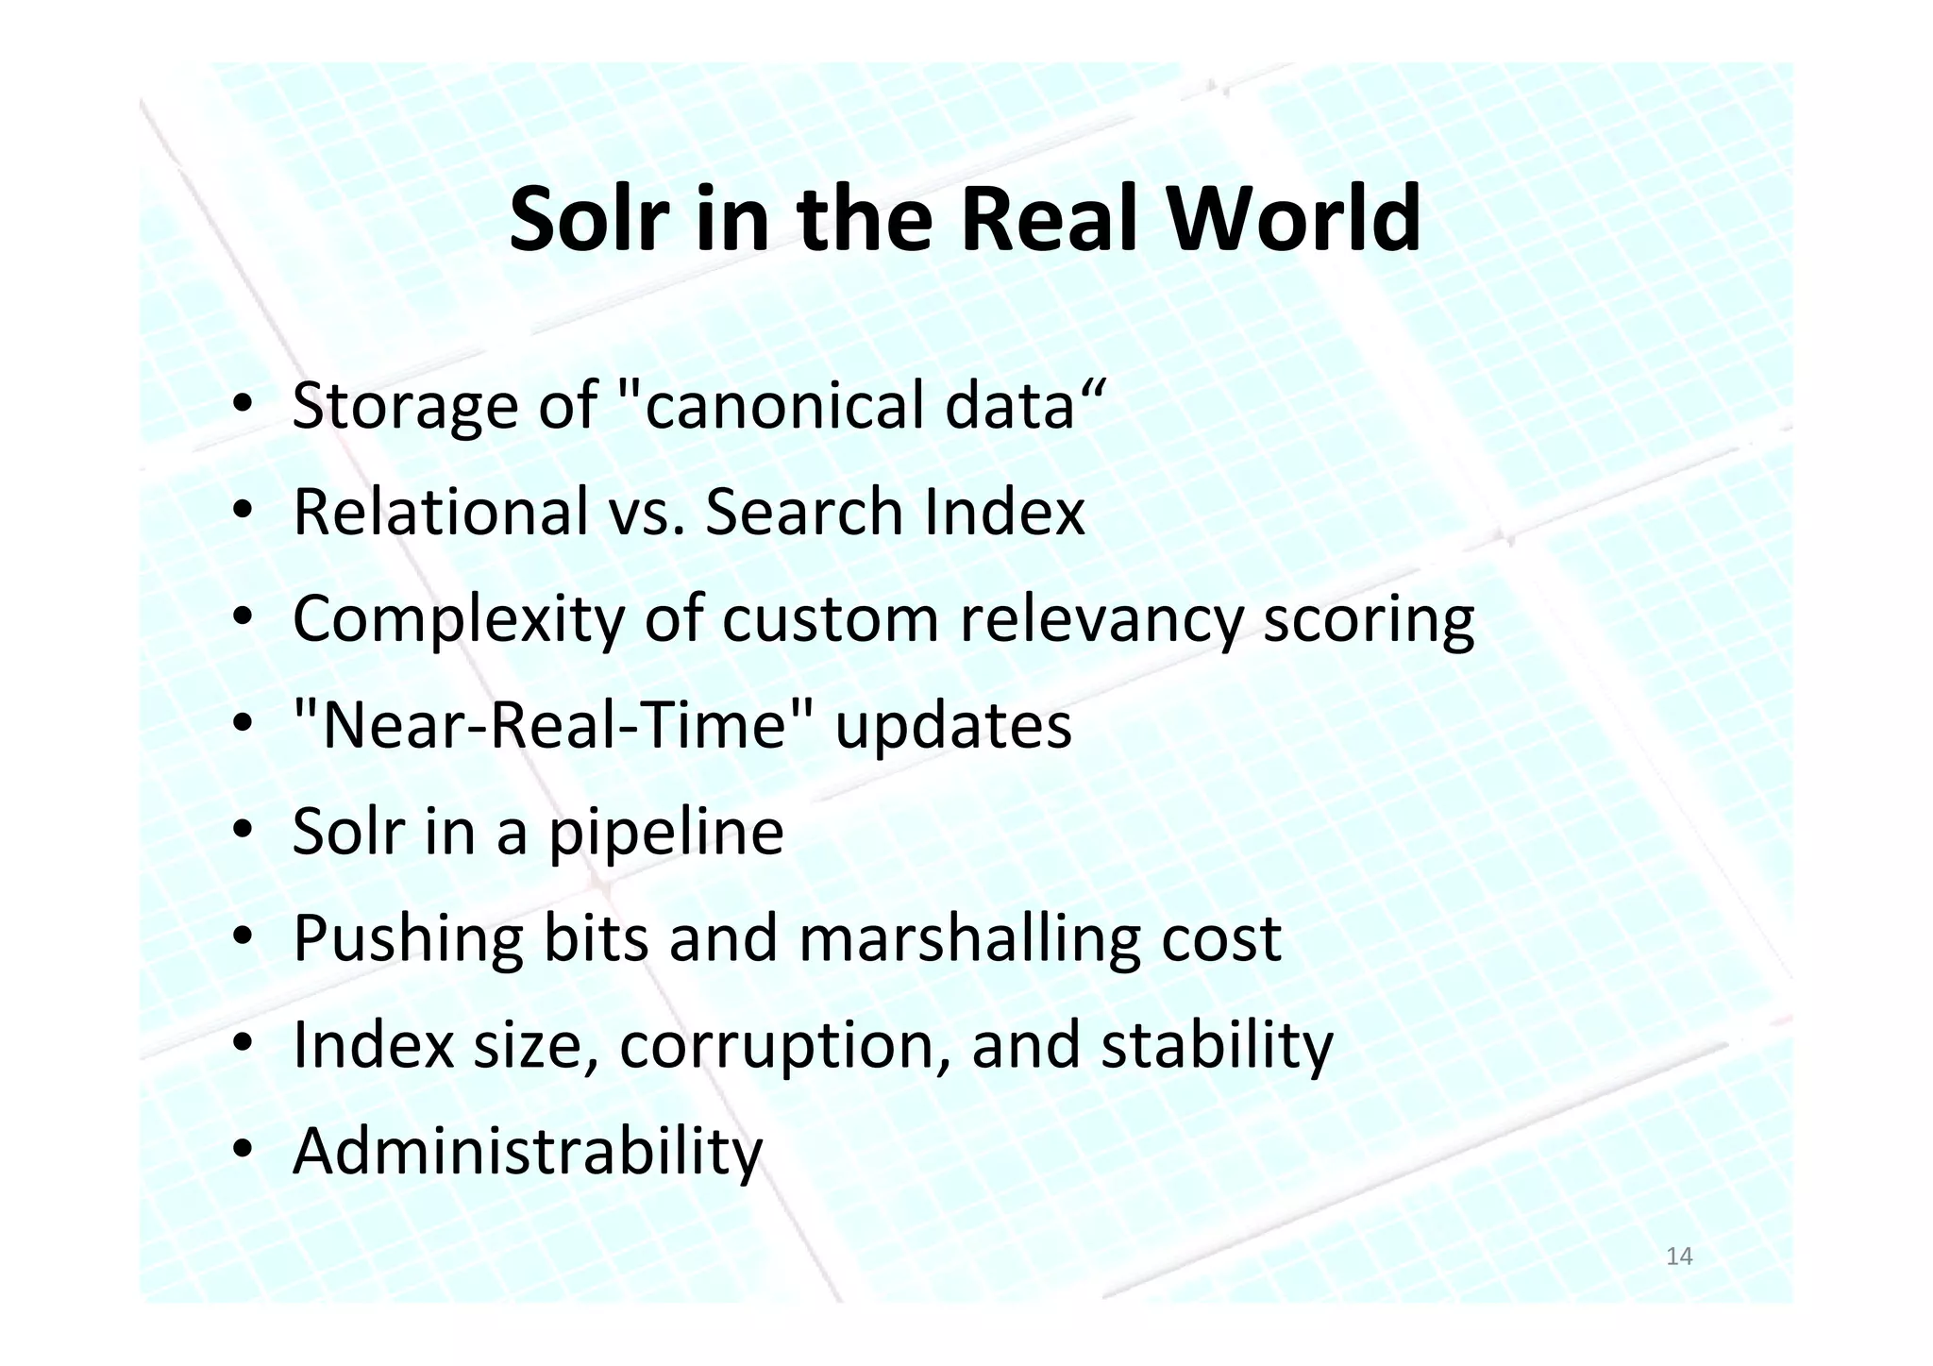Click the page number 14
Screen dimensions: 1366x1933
click(x=1679, y=1256)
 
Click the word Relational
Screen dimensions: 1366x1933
click(x=441, y=512)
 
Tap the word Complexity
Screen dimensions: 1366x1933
click(x=459, y=619)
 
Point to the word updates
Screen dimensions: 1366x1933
click(x=953, y=727)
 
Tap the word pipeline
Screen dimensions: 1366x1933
click(x=666, y=833)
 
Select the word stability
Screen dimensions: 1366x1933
click(x=1217, y=1046)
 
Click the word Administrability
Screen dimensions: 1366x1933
click(x=528, y=1152)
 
